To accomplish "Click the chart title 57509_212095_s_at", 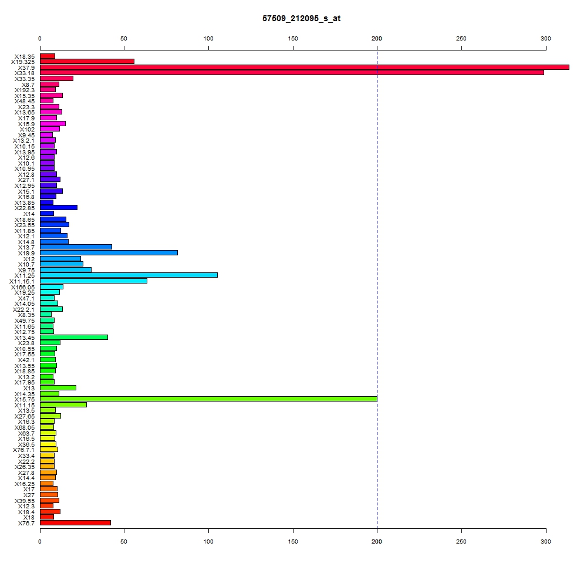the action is click(x=301, y=18).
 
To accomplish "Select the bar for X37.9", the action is click(x=304, y=68).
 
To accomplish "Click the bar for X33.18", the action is click(x=292, y=73).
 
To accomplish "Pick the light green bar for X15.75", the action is click(x=208, y=399).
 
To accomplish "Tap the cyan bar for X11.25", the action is click(x=129, y=275).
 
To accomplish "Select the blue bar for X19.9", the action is click(x=109, y=253).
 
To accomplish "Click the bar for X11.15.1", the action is click(x=93, y=281).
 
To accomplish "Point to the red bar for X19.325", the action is click(x=87, y=62).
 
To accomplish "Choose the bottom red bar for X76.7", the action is click(x=75, y=523).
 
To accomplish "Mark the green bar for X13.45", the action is click(x=74, y=338).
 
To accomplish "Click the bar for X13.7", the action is click(x=76, y=247).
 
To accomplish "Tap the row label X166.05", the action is click(x=23, y=287).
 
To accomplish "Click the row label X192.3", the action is click(x=25, y=90).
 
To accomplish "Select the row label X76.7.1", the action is click(x=23, y=450).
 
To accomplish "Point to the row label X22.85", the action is click(x=25, y=208).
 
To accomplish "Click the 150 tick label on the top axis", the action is click(x=293, y=39).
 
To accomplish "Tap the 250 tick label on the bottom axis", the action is click(x=461, y=542).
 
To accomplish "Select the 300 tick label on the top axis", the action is click(x=546, y=39).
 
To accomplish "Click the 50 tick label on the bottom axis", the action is click(x=124, y=542).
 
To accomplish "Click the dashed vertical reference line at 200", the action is click(x=377, y=289).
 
